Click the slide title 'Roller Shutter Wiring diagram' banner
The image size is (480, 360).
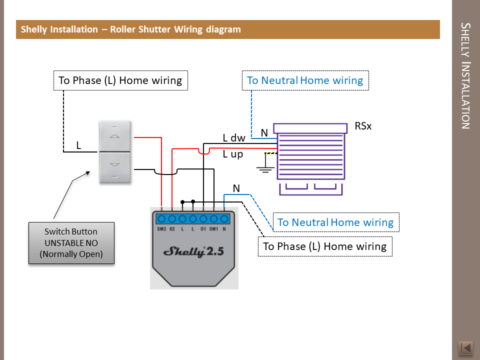pyautogui.click(x=131, y=29)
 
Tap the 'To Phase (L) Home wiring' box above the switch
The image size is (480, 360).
pyautogui.click(x=120, y=80)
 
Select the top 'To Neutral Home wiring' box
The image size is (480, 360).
pyautogui.click(x=305, y=80)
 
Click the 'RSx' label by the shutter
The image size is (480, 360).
pyautogui.click(x=363, y=126)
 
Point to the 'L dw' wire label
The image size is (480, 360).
pyautogui.click(x=234, y=137)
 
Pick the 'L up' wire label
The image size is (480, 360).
pyautogui.click(x=233, y=154)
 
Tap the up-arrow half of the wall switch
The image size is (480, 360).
pyautogui.click(x=116, y=135)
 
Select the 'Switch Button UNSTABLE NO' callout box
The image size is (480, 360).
pyautogui.click(x=71, y=243)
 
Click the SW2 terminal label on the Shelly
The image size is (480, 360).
pyautogui.click(x=161, y=229)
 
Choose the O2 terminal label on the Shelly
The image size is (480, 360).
pyautogui.click(x=172, y=229)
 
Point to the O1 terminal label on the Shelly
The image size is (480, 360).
pyautogui.click(x=203, y=229)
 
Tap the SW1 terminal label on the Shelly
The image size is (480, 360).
pyautogui.click(x=213, y=229)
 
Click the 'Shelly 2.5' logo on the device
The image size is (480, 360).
pyautogui.click(x=194, y=251)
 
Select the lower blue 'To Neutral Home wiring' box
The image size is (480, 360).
pyautogui.click(x=335, y=222)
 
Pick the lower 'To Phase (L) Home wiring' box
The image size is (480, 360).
pyautogui.click(x=325, y=246)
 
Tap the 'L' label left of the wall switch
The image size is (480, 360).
pyautogui.click(x=78, y=145)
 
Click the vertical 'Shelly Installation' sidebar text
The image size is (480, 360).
pyautogui.click(x=465, y=75)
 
